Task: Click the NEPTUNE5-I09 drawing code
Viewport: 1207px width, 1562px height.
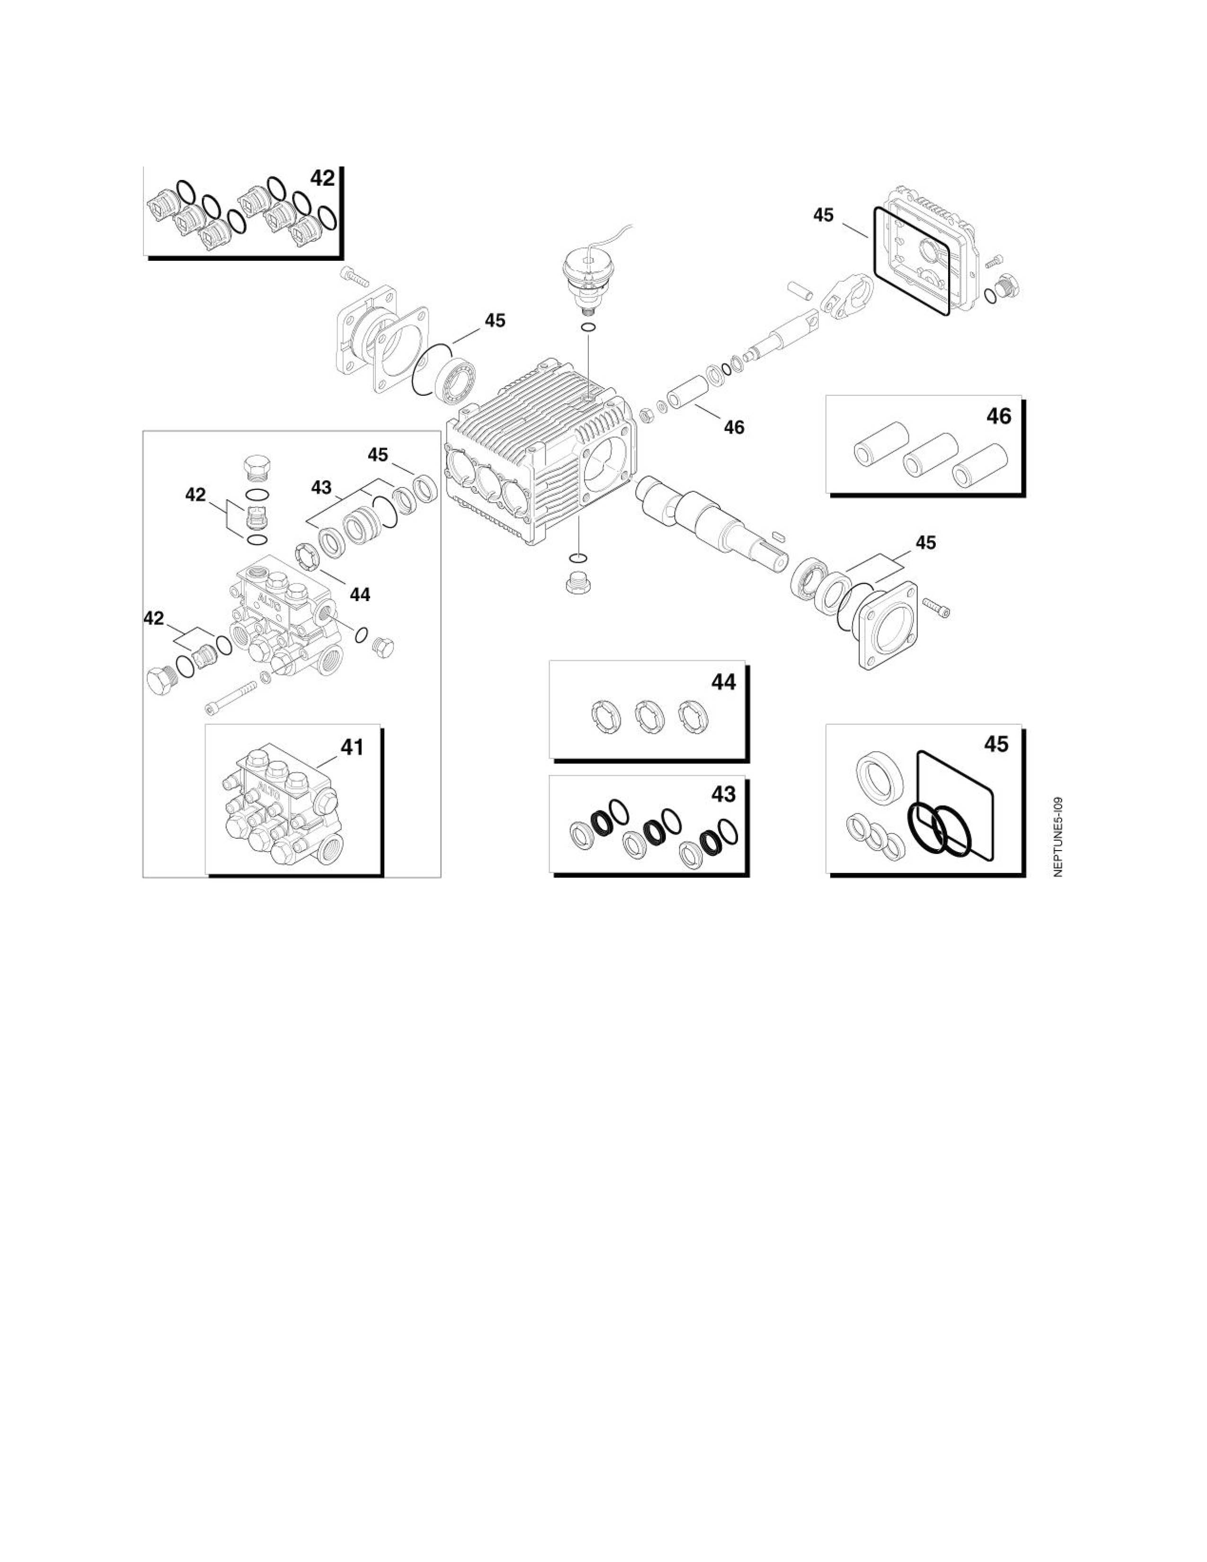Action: (1058, 837)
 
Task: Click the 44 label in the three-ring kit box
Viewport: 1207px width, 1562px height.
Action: (724, 682)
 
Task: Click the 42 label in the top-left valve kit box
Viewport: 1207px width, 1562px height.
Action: (322, 178)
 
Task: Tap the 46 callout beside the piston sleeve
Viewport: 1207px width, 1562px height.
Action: (734, 427)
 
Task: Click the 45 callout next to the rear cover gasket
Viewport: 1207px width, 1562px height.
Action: (823, 214)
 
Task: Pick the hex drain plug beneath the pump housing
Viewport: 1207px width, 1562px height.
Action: (578, 583)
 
